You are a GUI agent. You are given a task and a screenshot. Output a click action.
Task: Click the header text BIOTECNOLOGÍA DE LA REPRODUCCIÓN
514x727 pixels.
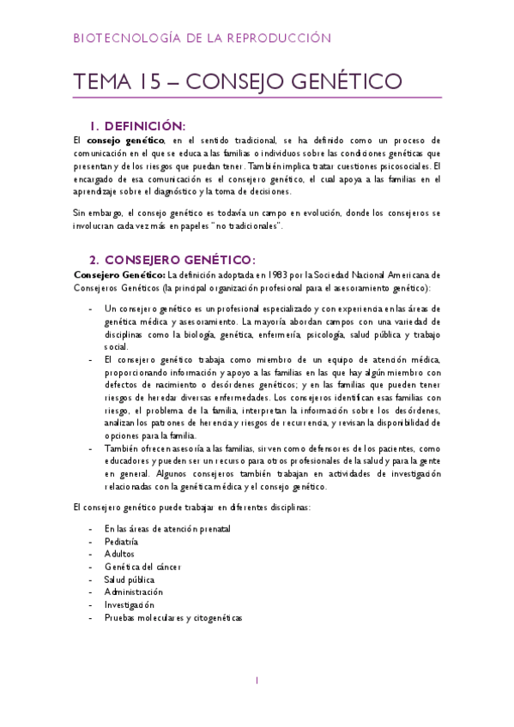click(202, 39)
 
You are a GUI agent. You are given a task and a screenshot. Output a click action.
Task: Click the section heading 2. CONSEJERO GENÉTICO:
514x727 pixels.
click(172, 260)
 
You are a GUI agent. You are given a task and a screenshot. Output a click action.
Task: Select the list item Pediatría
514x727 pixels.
click(121, 542)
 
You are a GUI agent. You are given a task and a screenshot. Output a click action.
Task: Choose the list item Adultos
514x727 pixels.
click(120, 555)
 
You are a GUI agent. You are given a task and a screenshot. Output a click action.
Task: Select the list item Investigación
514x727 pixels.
click(130, 604)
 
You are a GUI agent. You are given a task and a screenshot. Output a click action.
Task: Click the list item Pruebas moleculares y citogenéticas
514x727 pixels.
click(173, 617)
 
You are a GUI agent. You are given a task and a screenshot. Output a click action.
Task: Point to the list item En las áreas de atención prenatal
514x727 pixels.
click(166, 529)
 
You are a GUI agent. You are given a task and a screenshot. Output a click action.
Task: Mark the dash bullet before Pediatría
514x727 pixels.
click(91, 542)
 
